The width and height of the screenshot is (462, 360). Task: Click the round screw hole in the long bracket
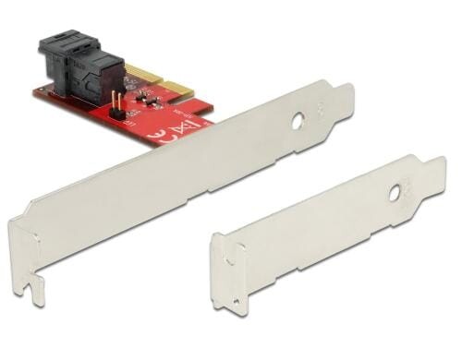click(298, 120)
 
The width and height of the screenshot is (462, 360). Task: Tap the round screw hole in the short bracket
click(395, 195)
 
